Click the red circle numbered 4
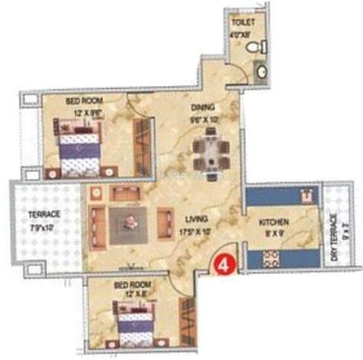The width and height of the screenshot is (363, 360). pyautogui.click(x=224, y=263)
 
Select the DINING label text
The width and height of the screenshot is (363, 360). pyautogui.click(x=203, y=108)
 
